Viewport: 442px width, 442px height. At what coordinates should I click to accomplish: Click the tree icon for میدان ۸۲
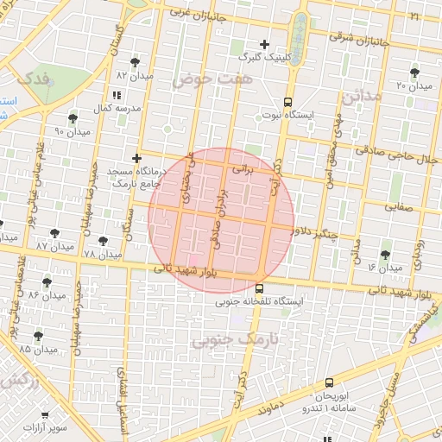click(134, 61)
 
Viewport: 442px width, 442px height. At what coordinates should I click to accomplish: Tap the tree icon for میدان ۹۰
click(72, 117)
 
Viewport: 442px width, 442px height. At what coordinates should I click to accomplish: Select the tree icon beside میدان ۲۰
click(414, 73)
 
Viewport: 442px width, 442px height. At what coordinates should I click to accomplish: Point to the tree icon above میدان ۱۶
click(384, 255)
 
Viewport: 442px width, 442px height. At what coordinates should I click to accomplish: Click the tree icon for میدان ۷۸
click(104, 242)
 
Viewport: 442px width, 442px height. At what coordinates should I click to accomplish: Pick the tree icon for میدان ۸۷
click(54, 232)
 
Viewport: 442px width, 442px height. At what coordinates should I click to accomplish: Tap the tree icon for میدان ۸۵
click(38, 336)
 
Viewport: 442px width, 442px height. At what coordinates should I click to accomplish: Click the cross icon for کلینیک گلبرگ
click(264, 44)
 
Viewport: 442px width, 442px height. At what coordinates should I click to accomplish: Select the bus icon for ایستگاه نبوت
click(287, 100)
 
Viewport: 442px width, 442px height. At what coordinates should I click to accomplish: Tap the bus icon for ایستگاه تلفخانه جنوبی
click(260, 288)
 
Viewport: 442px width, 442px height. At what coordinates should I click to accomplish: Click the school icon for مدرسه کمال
click(117, 96)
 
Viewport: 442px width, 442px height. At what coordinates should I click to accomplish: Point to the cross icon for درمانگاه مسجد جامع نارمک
click(136, 158)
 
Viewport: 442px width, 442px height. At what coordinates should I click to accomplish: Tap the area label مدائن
click(361, 96)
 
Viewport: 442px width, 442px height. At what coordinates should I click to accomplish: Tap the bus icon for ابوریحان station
click(329, 383)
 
